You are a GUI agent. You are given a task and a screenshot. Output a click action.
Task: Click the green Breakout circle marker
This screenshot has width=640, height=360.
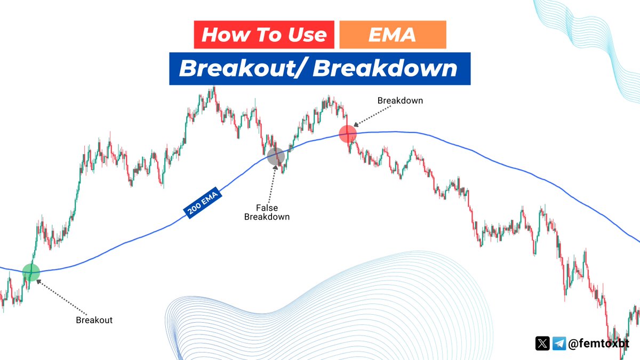tap(31, 271)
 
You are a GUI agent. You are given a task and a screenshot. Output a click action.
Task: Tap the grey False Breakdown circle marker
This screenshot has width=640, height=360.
tap(276, 157)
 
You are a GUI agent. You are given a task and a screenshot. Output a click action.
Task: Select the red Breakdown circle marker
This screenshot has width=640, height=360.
tap(347, 133)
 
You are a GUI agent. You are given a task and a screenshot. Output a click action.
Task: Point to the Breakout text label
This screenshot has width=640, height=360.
tap(94, 320)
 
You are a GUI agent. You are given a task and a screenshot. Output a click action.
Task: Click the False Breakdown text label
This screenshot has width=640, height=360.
tap(267, 212)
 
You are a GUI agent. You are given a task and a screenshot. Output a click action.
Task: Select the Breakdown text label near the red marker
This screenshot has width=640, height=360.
tap(400, 100)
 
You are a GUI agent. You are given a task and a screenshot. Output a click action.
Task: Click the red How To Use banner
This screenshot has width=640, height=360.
tap(263, 35)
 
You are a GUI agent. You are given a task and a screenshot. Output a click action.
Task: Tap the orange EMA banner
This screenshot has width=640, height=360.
tap(393, 35)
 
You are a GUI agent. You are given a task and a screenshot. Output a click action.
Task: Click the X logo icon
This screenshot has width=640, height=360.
tap(542, 343)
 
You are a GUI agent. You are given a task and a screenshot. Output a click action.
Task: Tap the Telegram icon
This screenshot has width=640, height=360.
tap(559, 343)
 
